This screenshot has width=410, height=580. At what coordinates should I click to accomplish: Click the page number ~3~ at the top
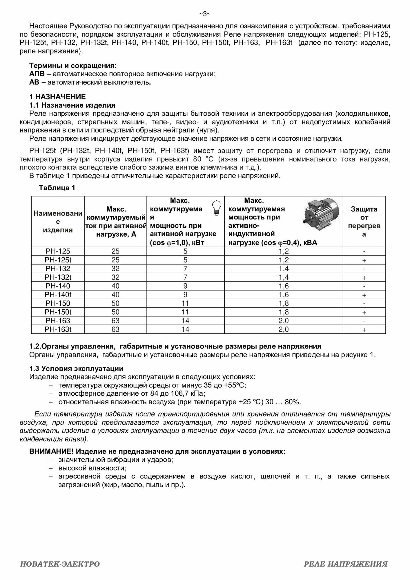[205, 14]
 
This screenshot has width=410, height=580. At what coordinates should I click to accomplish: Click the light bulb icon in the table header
[216, 208]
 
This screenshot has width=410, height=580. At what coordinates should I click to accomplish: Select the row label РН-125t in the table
[58, 260]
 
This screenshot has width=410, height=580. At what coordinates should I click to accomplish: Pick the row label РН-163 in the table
[58, 321]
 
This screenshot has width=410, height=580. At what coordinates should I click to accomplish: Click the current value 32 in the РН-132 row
[115, 269]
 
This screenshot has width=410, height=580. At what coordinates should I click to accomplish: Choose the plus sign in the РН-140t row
[364, 295]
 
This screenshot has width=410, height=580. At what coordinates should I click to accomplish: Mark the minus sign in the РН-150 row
[364, 303]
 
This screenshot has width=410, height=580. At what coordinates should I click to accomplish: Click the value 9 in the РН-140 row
[185, 286]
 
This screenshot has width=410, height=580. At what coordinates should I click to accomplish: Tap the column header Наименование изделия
[58, 222]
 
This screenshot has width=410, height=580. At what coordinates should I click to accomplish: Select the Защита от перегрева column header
[364, 222]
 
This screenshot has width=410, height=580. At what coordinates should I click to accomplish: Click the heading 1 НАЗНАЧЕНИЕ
[57, 97]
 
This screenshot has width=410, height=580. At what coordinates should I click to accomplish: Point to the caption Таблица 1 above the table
[57, 188]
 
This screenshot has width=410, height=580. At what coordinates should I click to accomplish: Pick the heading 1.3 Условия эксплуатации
[76, 369]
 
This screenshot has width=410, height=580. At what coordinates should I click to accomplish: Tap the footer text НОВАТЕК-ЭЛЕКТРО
[60, 564]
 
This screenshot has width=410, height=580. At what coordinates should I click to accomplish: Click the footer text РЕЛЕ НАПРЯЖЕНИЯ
[346, 564]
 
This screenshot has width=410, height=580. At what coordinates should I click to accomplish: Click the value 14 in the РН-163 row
[185, 321]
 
